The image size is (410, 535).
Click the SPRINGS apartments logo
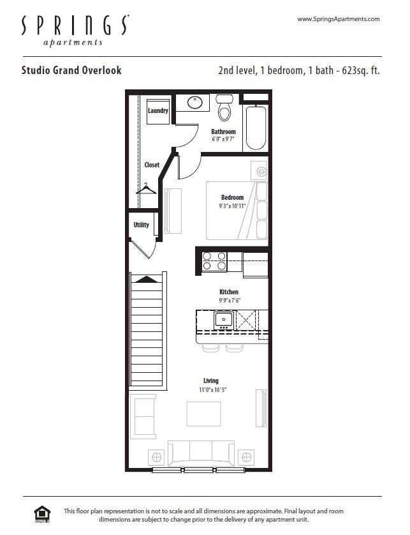[x=75, y=30]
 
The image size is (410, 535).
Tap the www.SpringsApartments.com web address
[x=339, y=19]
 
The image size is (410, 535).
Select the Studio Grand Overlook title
[x=71, y=70]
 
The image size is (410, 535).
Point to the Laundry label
[x=157, y=110]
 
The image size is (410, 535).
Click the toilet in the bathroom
[x=224, y=109]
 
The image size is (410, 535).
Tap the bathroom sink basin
[x=195, y=102]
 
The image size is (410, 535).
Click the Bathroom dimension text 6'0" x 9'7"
[x=224, y=139]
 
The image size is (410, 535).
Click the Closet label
[x=152, y=165]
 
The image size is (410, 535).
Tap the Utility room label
[x=142, y=225]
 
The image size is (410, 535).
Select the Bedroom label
[x=232, y=198]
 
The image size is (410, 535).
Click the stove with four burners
[x=214, y=261]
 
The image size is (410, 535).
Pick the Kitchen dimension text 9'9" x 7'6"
[x=229, y=300]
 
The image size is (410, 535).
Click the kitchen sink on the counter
[x=223, y=319]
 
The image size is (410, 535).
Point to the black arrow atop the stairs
[x=147, y=278]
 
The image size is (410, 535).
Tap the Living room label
[x=210, y=381]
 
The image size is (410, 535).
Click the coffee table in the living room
[x=203, y=413]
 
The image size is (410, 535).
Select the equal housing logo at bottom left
[x=42, y=513]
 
